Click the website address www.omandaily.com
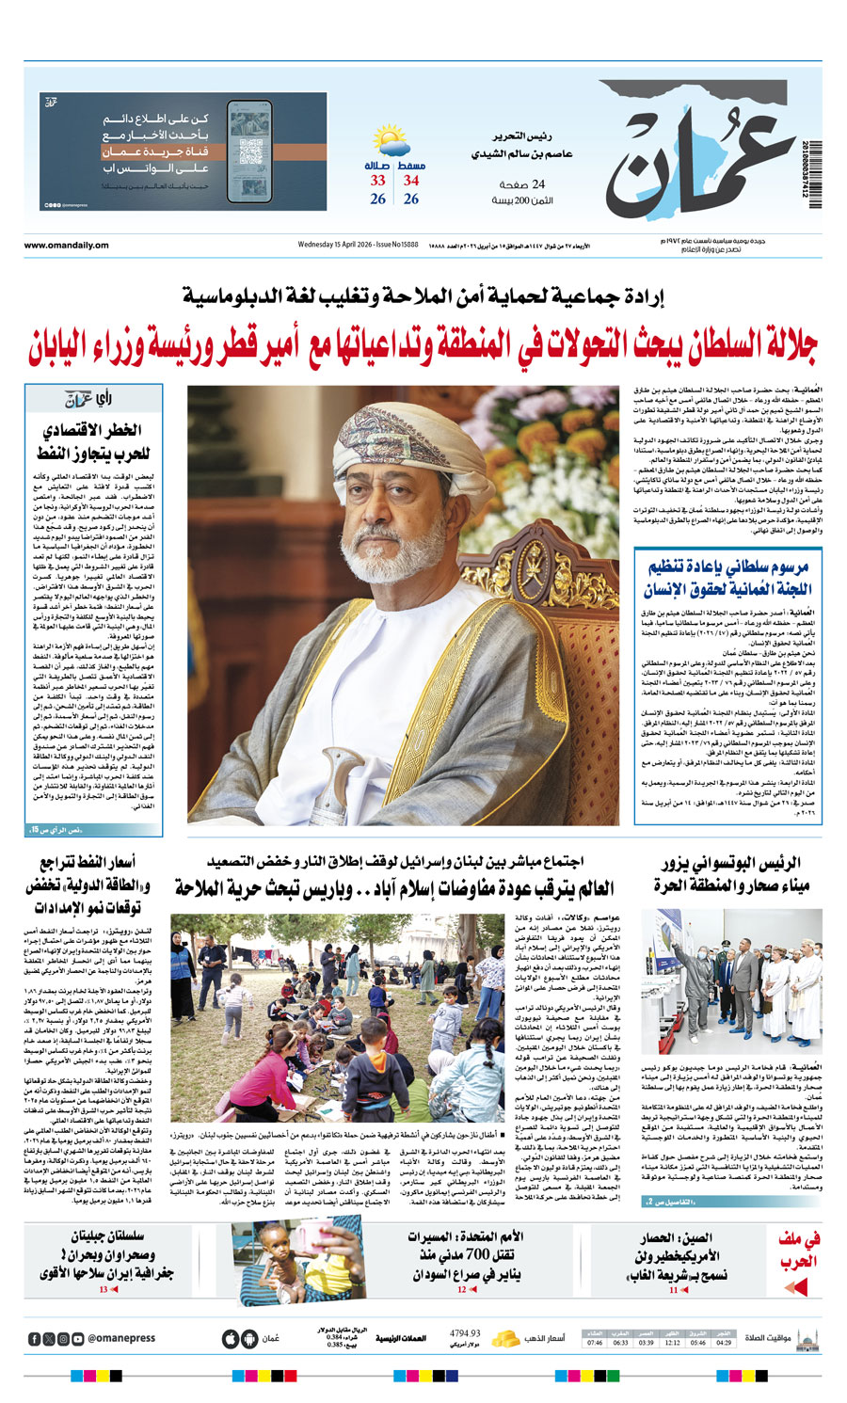[66, 246]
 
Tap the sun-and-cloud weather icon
[391, 141]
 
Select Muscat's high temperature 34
[411, 180]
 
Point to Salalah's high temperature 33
[377, 180]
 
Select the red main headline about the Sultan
[423, 345]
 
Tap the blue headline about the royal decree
[727, 577]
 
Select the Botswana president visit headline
[731, 874]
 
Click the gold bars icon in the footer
[507, 1338]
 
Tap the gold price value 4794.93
[464, 1333]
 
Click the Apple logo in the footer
[230, 1338]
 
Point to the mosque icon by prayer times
[807, 1338]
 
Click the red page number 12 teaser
[462, 1289]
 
